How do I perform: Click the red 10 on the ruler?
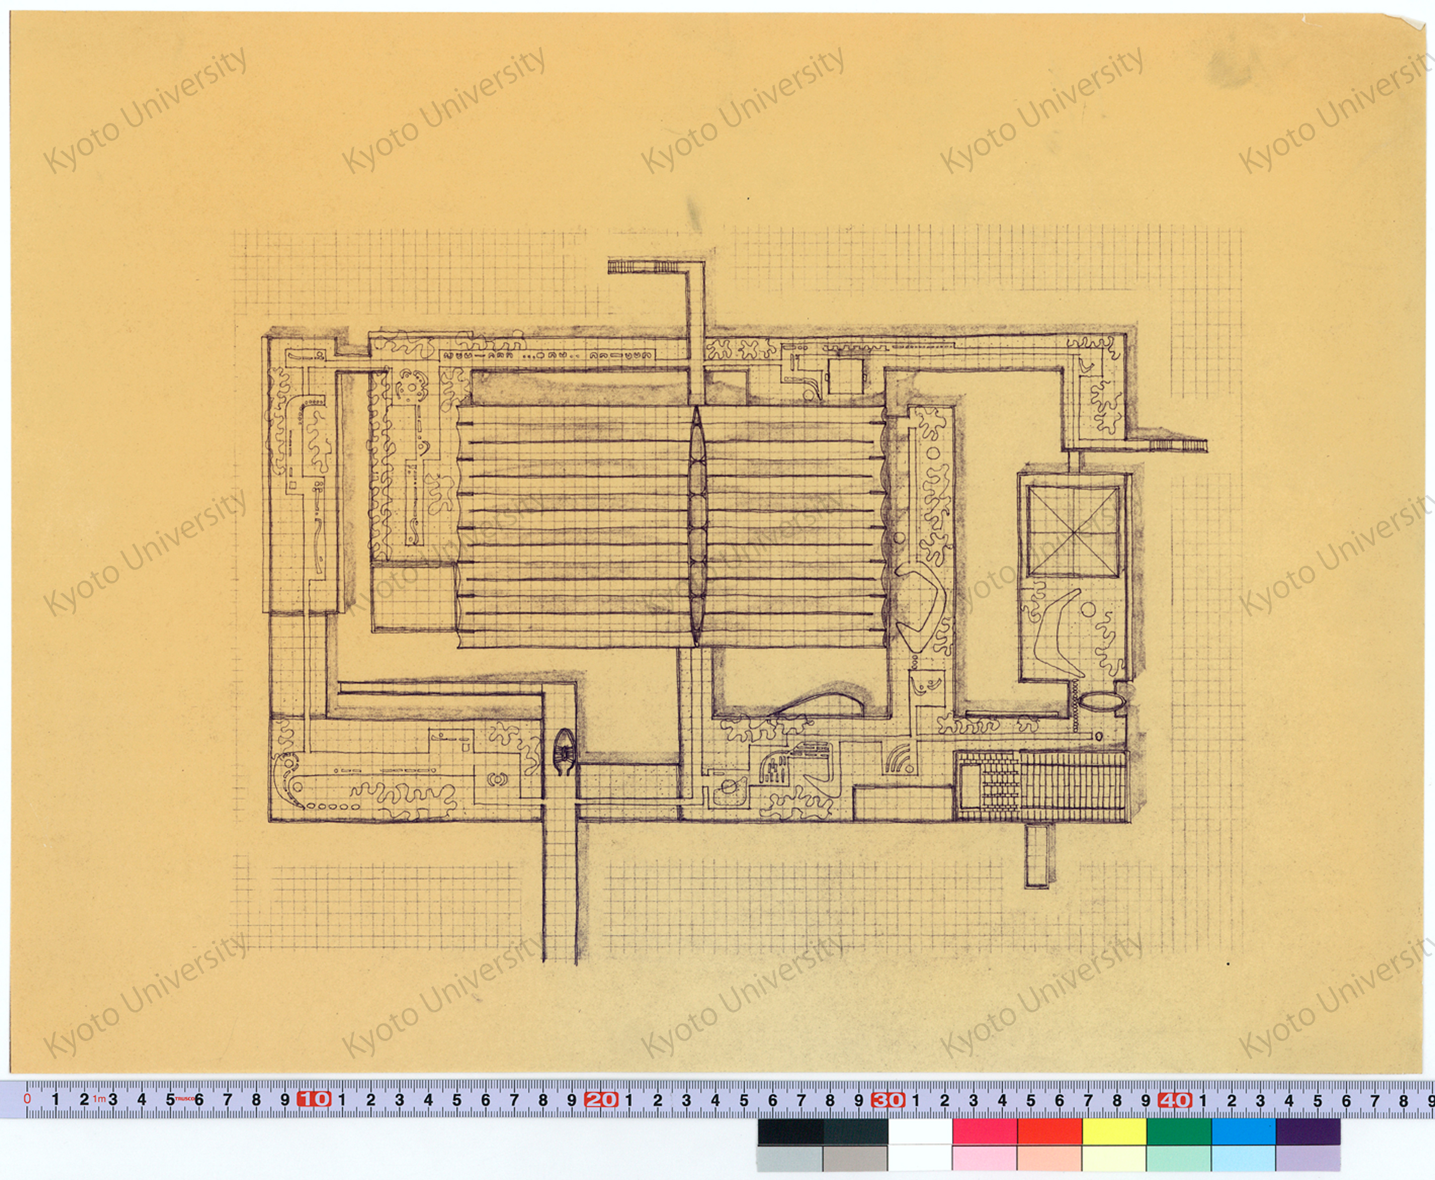click(314, 1099)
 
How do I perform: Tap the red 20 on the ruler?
click(601, 1099)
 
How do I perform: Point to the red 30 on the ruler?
click(888, 1099)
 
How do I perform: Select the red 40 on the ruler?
click(1175, 1099)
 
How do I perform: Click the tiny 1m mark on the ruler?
click(99, 1098)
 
